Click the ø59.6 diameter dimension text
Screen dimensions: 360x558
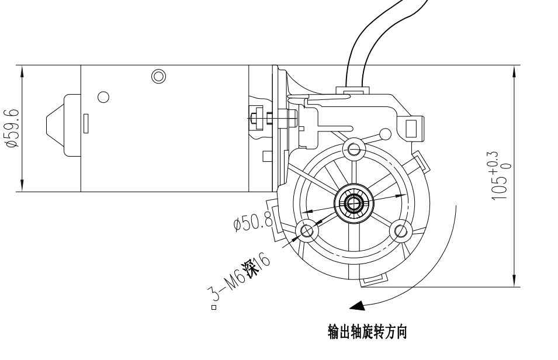point(12,128)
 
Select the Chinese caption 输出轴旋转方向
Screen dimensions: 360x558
point(366,333)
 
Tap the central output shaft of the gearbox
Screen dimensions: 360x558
point(353,203)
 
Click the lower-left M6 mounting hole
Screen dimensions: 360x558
point(305,230)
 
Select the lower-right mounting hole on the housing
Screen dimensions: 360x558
point(401,230)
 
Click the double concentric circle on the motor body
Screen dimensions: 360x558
point(158,76)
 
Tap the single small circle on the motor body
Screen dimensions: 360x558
point(103,96)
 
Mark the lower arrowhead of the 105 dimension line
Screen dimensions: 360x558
point(514,282)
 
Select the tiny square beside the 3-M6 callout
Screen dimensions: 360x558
point(214,307)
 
